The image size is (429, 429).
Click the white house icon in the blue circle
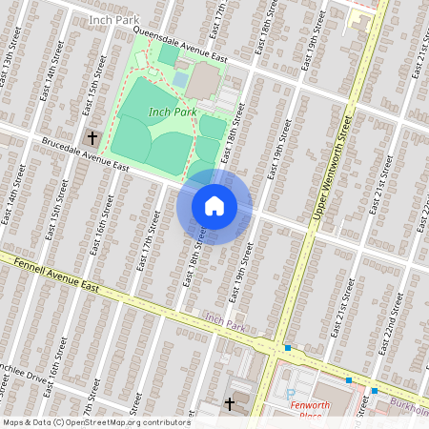pos(214,205)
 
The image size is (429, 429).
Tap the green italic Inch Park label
pos(173,112)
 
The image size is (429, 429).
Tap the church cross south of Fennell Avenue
pos(229,404)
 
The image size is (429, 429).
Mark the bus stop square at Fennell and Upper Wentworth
pos(287,348)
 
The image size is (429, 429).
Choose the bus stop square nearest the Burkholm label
pos(375,391)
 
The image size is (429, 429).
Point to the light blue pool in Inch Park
pos(180,79)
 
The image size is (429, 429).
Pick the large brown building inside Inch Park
pos(202,82)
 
